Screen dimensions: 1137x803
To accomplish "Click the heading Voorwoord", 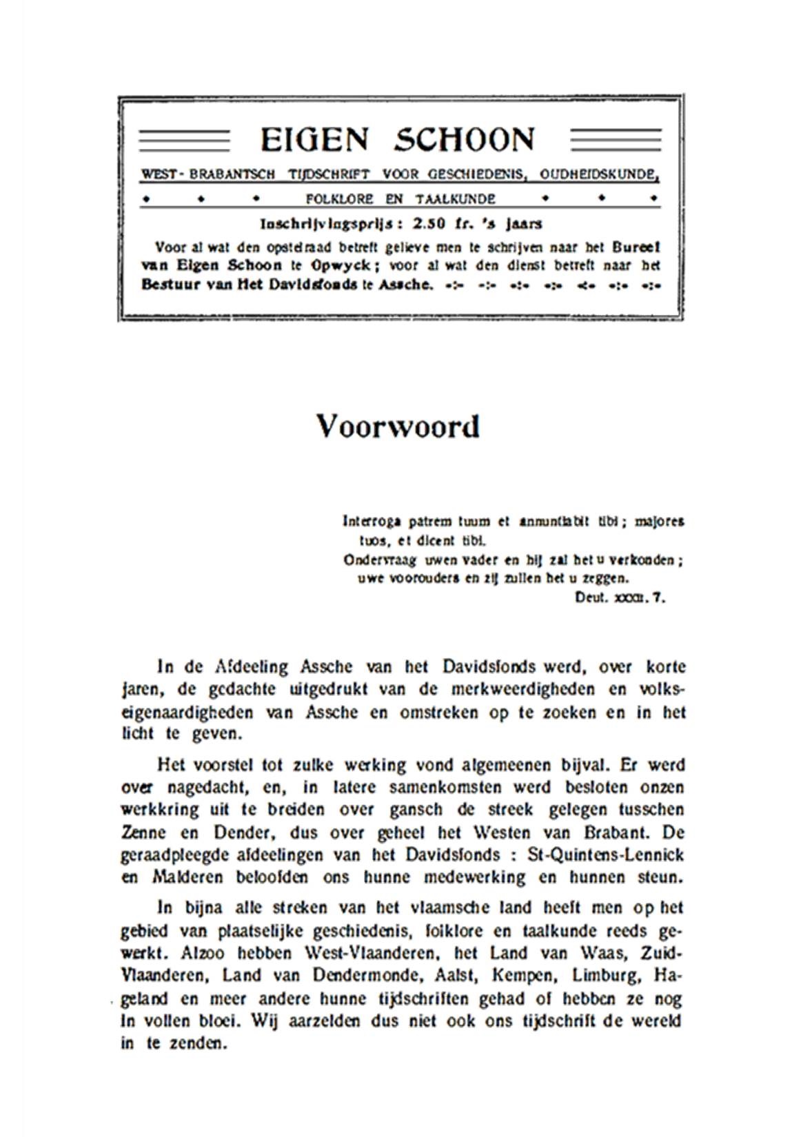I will click(398, 427).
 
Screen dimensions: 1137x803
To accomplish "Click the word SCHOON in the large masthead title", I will click(464, 141).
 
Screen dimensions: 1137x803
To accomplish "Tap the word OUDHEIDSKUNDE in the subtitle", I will click(598, 175).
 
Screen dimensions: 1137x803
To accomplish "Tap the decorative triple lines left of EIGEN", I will click(184, 141).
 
